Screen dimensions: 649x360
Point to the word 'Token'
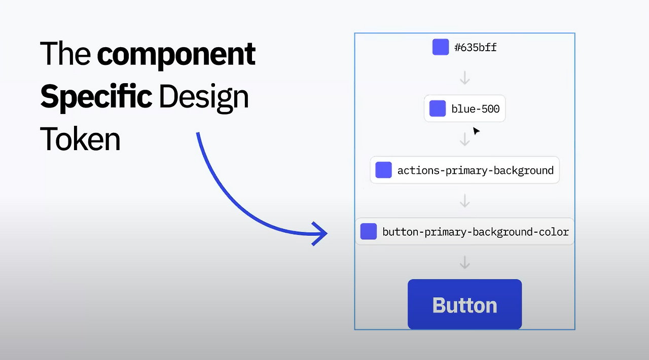click(x=80, y=139)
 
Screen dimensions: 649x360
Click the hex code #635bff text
click(x=476, y=47)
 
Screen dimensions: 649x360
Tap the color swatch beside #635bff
click(x=441, y=47)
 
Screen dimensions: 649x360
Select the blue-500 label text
click(x=476, y=109)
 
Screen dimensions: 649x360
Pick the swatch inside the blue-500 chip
click(x=438, y=109)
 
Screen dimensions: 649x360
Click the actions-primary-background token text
click(x=476, y=170)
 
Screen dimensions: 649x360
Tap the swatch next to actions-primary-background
click(x=384, y=170)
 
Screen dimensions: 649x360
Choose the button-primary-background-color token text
click(x=476, y=232)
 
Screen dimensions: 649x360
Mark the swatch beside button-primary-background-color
click(x=369, y=231)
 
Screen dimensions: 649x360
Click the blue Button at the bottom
click(x=465, y=304)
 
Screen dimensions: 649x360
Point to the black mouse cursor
click(x=476, y=131)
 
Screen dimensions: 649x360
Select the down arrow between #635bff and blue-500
click(x=465, y=78)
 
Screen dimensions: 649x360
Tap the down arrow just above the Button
click(x=465, y=262)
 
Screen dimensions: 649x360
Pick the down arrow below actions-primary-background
click(x=465, y=201)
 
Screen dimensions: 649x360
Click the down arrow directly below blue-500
click(x=465, y=139)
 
